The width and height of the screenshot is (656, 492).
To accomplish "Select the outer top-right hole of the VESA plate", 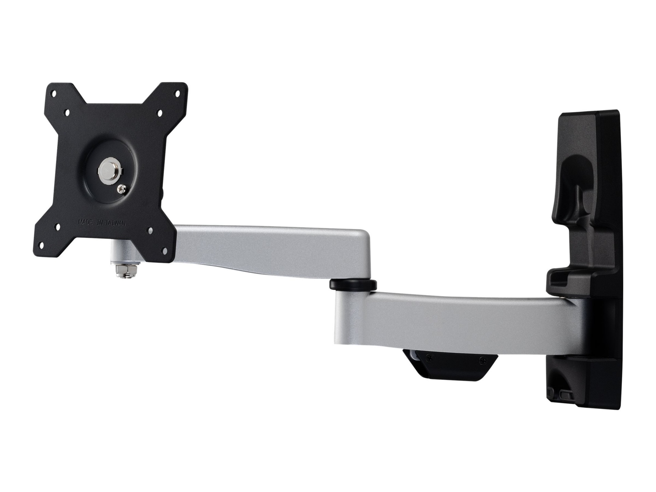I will [x=177, y=92].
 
